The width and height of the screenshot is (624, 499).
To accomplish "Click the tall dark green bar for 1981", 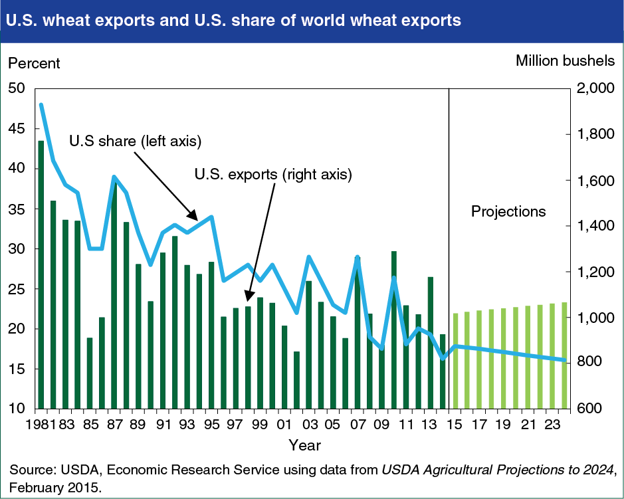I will (41, 274).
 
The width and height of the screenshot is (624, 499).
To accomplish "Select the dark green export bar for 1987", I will (114, 296).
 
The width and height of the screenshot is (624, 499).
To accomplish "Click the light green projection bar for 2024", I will (564, 355).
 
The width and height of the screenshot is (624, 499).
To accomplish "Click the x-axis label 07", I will (357, 423).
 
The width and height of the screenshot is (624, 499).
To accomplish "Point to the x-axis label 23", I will (552, 423).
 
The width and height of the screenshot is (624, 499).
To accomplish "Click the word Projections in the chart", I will (508, 212).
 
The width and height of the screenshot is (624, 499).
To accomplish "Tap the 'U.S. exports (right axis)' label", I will (272, 175).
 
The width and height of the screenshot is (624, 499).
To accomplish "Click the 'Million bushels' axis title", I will (565, 61).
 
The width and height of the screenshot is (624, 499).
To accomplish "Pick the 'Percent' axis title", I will (33, 63).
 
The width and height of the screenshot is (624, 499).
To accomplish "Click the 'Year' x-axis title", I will (306, 444).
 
